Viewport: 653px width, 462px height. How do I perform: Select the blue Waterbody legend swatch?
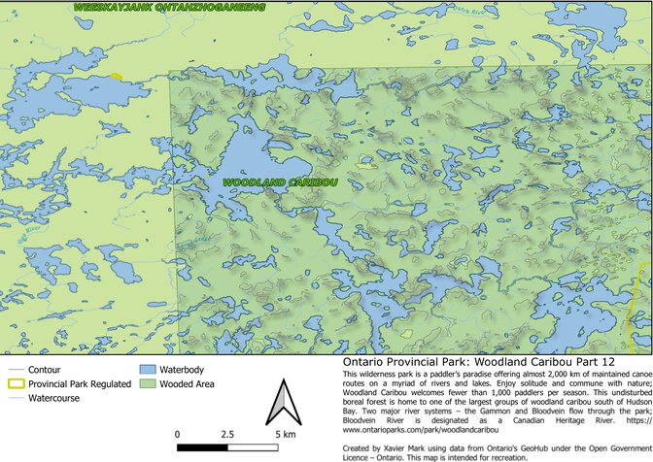148,370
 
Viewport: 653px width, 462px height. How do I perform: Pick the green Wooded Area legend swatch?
148,383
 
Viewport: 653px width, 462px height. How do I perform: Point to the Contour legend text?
45,370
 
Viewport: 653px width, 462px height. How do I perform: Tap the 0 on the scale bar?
178,434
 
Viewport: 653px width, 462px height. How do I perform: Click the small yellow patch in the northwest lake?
117,76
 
